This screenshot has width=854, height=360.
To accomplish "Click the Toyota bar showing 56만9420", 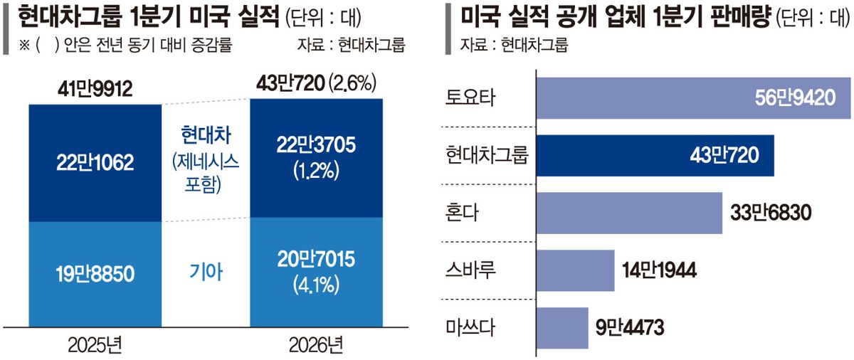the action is tap(693, 98).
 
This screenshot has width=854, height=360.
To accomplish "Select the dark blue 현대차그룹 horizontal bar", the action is tap(655, 155).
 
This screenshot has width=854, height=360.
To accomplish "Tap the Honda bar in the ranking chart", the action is tap(629, 213).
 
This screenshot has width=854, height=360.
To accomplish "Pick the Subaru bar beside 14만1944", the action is tap(576, 270).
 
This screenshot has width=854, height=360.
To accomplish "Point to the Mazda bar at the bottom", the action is tap(562, 328).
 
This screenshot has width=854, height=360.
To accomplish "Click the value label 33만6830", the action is tap(771, 213).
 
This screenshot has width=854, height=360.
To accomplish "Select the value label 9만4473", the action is tap(630, 327).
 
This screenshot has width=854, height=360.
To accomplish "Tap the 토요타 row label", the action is tap(470, 98).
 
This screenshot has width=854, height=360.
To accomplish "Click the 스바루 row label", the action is tap(470, 270).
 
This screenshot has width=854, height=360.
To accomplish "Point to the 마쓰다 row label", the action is tap(470, 327).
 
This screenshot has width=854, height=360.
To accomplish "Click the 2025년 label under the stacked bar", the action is tap(95, 346).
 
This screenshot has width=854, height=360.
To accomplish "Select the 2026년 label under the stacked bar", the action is tap(316, 346).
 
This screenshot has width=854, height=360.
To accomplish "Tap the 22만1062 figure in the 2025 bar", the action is tap(95, 163).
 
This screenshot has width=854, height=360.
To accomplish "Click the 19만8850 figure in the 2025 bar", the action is tap(95, 274).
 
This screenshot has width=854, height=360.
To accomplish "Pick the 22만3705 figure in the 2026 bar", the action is tap(316, 145).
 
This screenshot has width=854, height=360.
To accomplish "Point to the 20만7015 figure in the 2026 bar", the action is tap(316, 260).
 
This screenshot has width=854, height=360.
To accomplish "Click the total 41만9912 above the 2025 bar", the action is tap(95, 90).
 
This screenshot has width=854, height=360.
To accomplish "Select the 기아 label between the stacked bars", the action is tap(206, 272).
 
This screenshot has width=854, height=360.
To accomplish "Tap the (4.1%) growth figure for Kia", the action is tap(316, 285).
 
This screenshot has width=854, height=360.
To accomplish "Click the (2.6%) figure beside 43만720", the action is tap(353, 83).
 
